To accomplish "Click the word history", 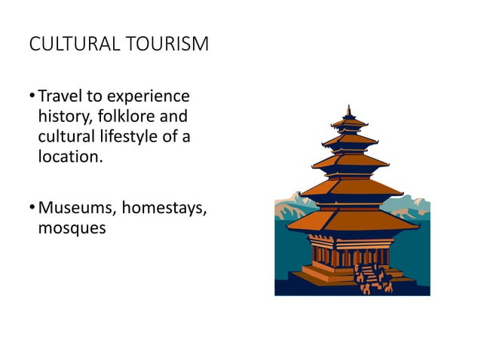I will click(x=63, y=117).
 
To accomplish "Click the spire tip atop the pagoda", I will click(x=350, y=108).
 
